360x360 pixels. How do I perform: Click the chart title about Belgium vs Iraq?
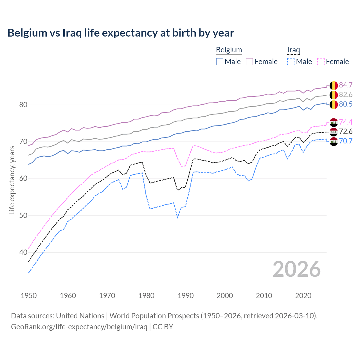(121, 33)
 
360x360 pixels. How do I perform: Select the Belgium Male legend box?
(220, 62)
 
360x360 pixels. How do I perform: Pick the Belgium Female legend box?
(249, 62)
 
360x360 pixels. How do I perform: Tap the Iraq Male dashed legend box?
(291, 62)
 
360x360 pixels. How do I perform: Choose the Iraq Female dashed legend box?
(321, 62)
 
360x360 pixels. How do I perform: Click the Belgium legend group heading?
(229, 50)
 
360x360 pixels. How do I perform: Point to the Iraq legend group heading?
(293, 50)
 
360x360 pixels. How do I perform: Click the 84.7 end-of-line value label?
(346, 85)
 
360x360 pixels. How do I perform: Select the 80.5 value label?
(346, 104)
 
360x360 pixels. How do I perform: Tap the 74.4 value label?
(346, 122)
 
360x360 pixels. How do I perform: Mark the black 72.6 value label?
(346, 132)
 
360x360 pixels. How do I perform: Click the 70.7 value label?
(346, 141)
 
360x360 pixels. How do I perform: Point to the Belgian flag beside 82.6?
(334, 95)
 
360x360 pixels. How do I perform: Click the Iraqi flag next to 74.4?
(334, 122)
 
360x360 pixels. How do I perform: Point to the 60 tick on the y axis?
(23, 179)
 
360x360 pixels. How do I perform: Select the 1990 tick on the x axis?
(186, 296)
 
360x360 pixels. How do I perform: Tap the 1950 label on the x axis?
(29, 296)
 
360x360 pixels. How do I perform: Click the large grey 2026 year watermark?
(296, 269)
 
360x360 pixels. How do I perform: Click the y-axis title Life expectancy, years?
(12, 180)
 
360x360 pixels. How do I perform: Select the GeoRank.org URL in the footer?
(79, 327)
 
